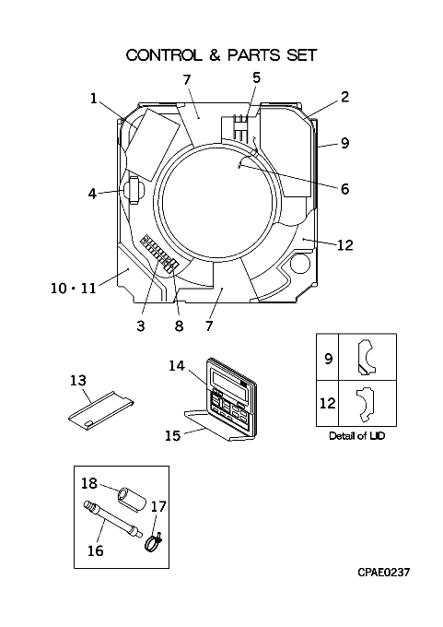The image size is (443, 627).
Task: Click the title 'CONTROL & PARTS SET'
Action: point(221,54)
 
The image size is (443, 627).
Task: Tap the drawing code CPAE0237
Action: point(383,573)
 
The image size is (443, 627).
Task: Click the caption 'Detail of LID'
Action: point(356,435)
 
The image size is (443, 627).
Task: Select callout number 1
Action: point(93,98)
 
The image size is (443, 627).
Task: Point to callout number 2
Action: point(344,97)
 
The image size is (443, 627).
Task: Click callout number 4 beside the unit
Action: point(92,194)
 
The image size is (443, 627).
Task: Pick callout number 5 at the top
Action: point(256,77)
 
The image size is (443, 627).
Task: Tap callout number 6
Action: point(344,189)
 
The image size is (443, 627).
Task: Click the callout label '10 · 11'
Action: point(74,288)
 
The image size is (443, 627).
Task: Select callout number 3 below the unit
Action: point(141,325)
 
